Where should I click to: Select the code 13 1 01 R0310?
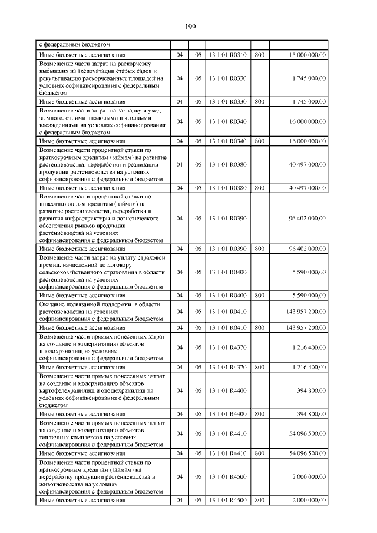[x=227, y=55]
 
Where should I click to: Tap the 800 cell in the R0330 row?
[x=259, y=101]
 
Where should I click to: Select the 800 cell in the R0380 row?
[x=259, y=188]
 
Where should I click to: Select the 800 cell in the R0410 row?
[x=259, y=327]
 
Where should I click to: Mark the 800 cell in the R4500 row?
[x=259, y=499]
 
